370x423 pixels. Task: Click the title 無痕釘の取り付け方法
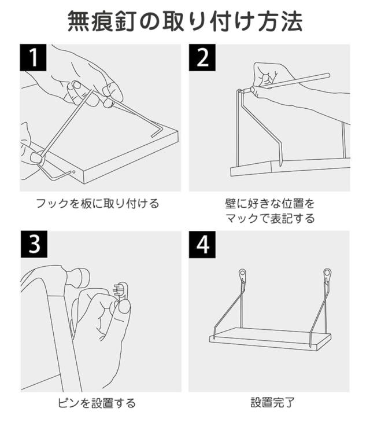coord(185,21)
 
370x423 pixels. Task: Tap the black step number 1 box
coord(33,58)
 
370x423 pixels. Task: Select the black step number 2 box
coord(202,58)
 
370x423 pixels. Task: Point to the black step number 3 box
coord(34,244)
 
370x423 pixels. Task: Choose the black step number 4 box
coord(202,244)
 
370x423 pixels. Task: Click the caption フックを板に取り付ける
coord(98,204)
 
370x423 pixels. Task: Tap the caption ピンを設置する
coord(97,403)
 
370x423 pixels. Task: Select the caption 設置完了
coord(272,403)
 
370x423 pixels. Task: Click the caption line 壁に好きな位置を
coord(270,204)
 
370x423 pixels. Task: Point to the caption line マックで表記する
coord(270,218)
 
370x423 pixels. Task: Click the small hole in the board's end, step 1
coord(74,172)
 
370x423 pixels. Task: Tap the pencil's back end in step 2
coord(328,75)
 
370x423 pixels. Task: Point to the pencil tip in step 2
coord(243,91)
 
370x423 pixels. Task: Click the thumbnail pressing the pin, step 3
coord(124,307)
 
